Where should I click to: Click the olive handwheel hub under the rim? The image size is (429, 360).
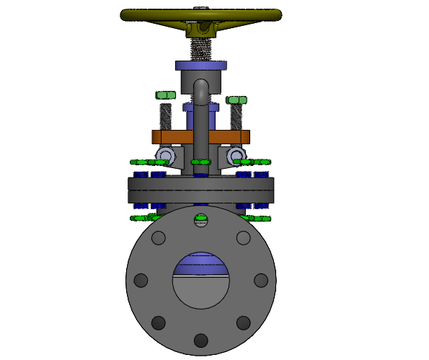coord(201,29)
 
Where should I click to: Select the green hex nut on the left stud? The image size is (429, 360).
coord(166,95)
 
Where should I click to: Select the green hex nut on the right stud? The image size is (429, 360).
coord(236,100)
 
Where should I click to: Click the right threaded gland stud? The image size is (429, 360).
coord(236,117)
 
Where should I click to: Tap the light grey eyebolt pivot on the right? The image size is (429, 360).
coord(236,156)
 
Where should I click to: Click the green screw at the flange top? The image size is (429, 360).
coord(201,219)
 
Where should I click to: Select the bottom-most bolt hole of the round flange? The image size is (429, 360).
coord(201,340)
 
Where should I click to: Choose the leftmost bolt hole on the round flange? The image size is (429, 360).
coord(141,280)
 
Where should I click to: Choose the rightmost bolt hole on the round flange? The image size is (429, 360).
coord(261,280)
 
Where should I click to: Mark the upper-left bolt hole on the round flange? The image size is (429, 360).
coord(159,237)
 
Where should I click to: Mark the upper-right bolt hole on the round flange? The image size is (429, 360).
coord(244,237)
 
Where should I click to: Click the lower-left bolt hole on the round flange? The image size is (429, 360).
coord(159,322)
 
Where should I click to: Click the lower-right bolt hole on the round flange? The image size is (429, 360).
coord(244,322)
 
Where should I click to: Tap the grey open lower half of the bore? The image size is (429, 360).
coord(201,292)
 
